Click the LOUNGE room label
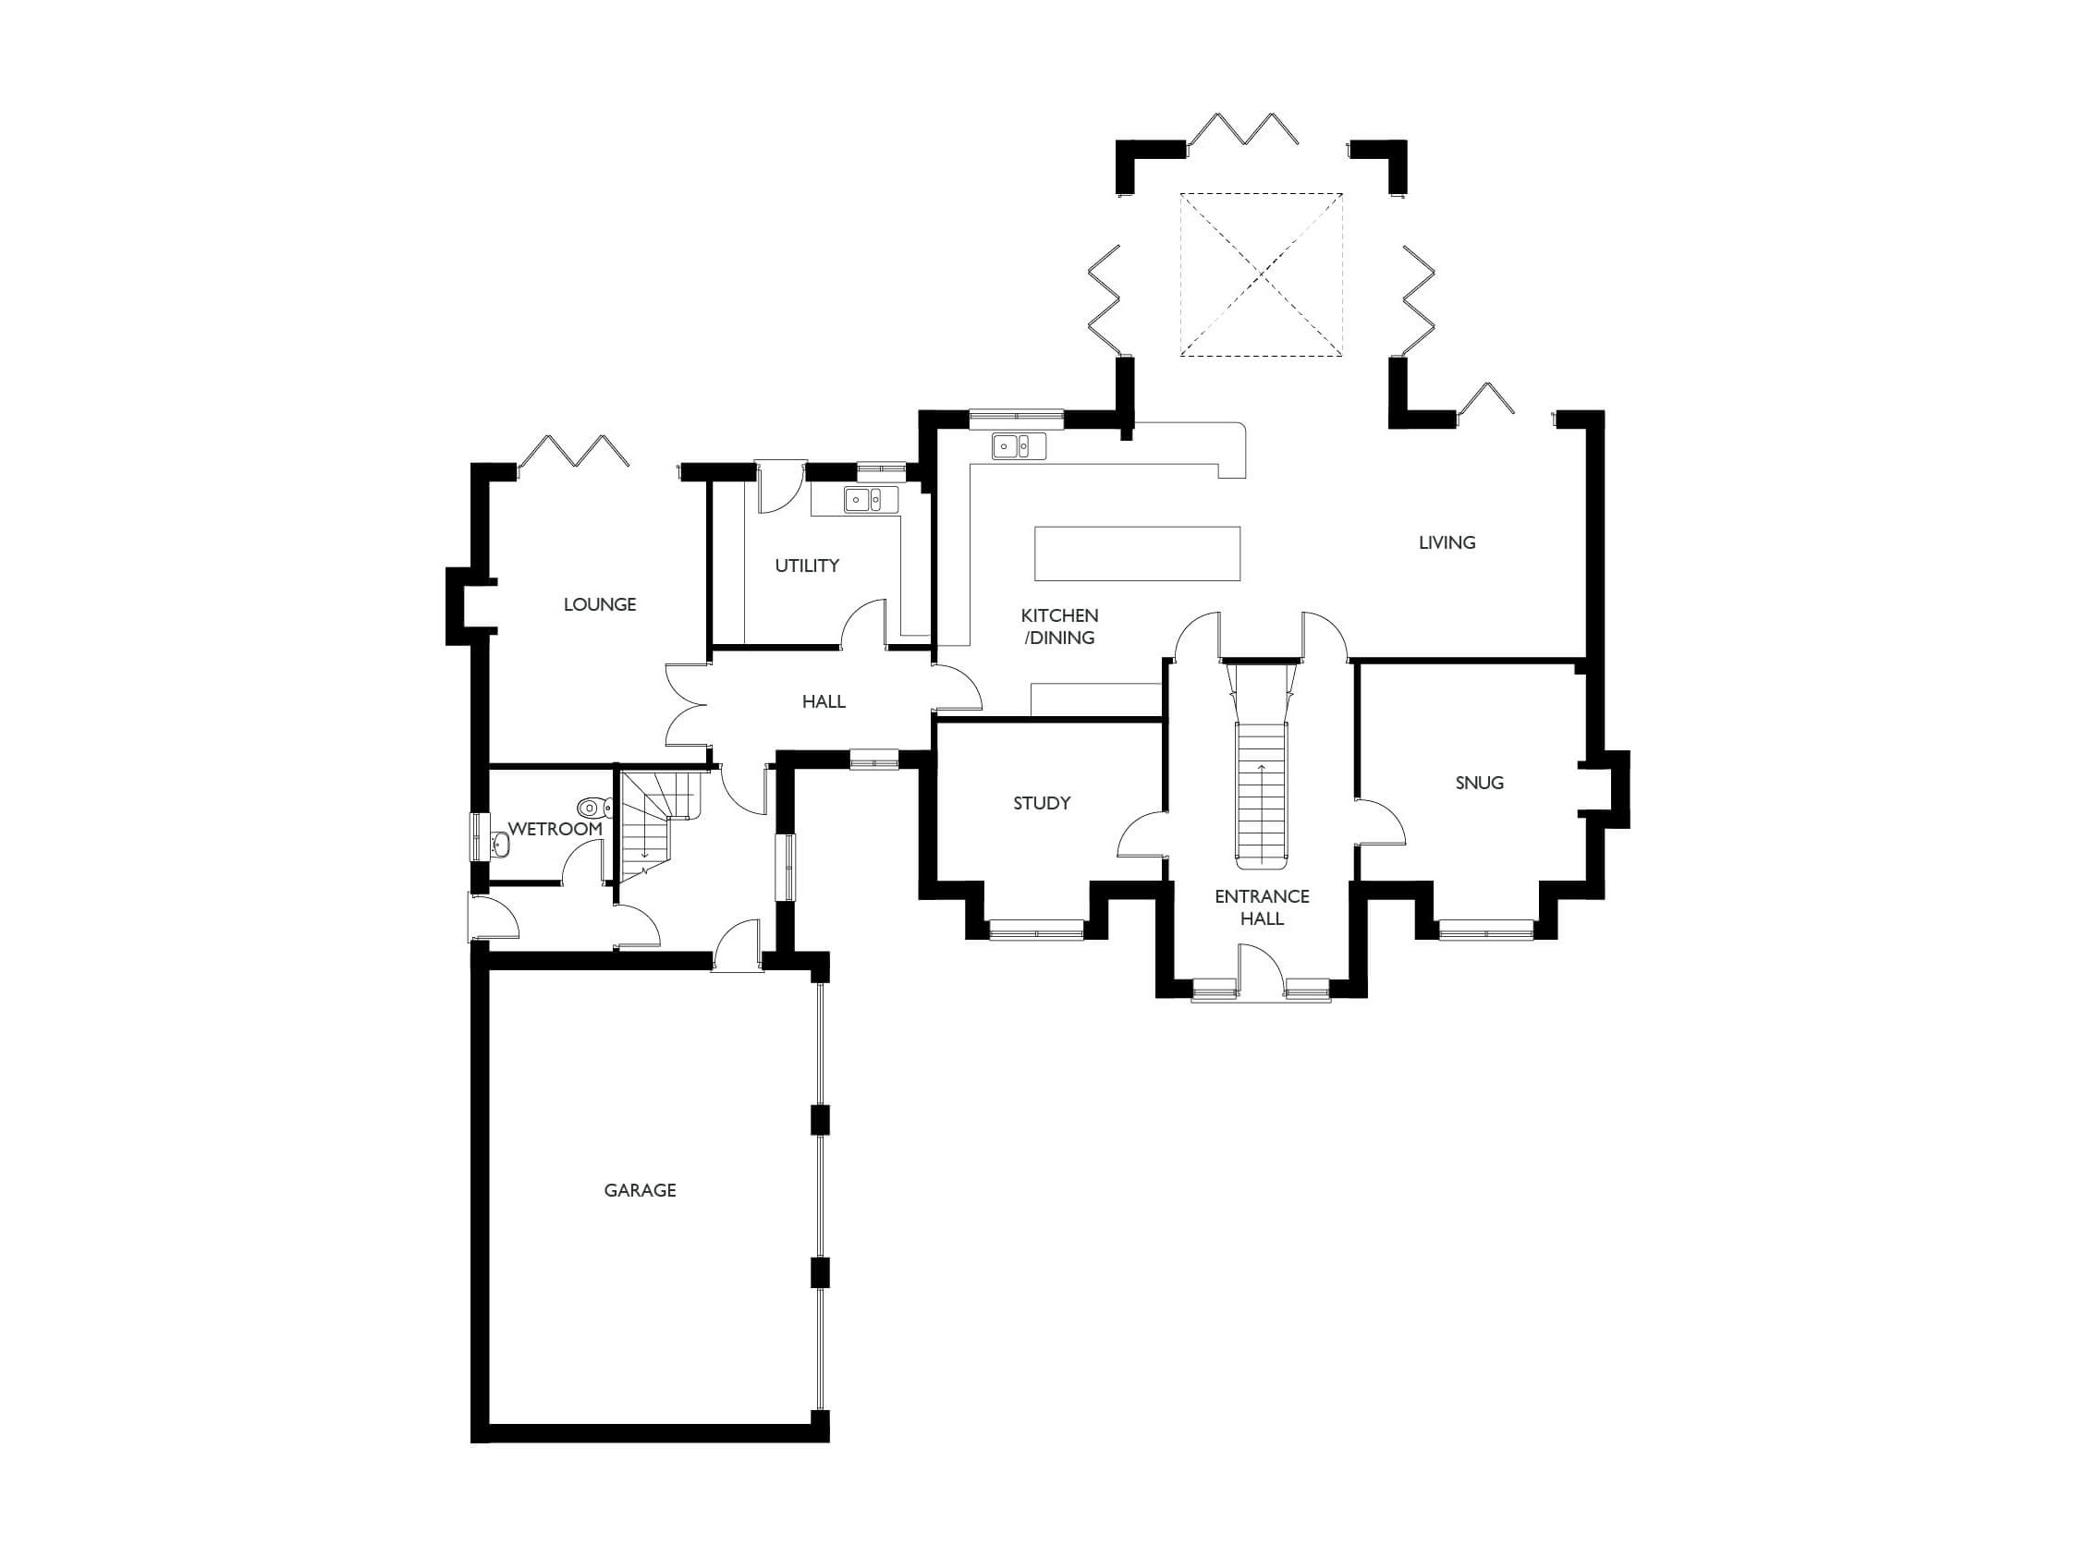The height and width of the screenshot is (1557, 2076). point(600,604)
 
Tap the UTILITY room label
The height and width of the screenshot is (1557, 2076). point(806,565)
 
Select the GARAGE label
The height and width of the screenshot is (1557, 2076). point(640,1190)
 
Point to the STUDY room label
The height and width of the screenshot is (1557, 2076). point(1042,802)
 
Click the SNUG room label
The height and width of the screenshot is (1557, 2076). point(1479,782)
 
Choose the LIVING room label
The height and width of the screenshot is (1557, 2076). point(1447,541)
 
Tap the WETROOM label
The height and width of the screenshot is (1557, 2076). point(555,830)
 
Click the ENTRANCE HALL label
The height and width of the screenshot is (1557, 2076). point(1262,906)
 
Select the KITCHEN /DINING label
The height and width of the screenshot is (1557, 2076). point(1059,626)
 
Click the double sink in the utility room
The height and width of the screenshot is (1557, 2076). point(863,499)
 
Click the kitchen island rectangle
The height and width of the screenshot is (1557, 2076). point(1137,553)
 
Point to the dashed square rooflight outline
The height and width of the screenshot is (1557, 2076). point(1261,274)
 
